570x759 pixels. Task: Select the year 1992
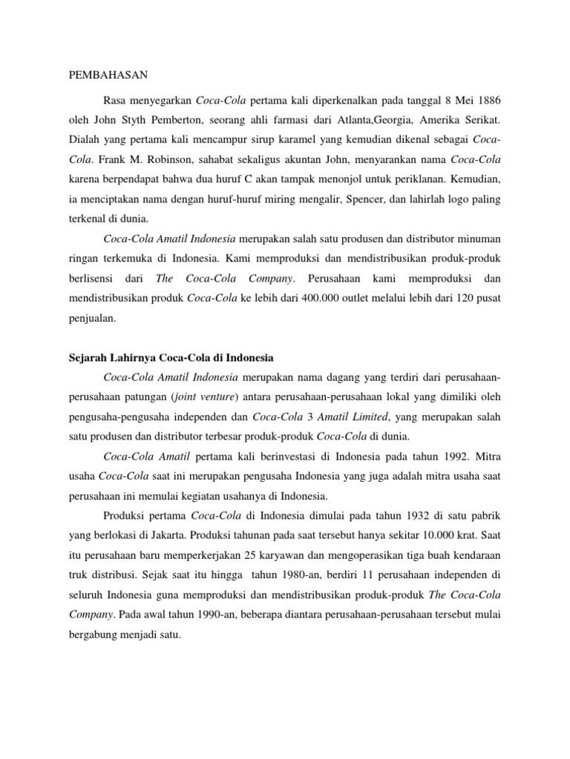point(430,457)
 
